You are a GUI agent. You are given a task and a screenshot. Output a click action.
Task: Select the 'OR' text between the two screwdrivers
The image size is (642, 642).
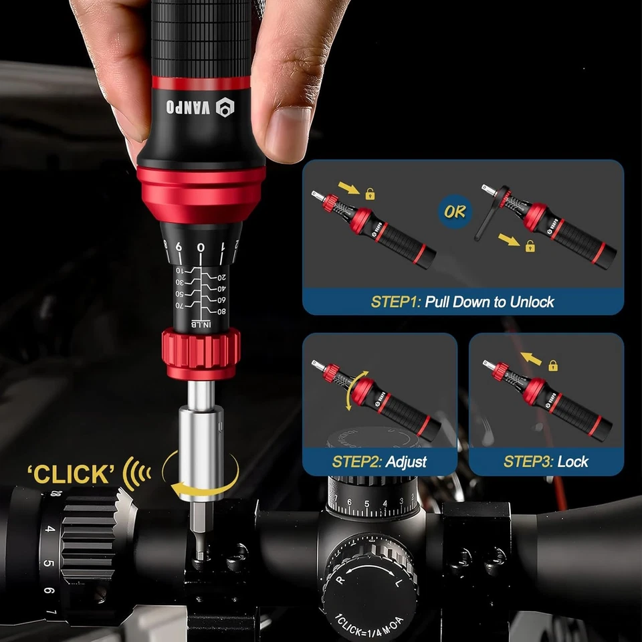[x=456, y=213]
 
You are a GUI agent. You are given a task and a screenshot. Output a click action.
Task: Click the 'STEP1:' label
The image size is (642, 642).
[x=395, y=302]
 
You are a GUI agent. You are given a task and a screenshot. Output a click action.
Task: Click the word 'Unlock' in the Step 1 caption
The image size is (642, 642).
[x=532, y=302]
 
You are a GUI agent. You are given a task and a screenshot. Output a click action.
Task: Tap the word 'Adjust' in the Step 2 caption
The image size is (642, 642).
[x=406, y=461]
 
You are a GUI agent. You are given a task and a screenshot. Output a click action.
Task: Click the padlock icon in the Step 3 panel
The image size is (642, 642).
[x=553, y=365]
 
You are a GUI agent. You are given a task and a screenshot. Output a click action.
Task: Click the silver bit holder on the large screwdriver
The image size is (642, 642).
[x=201, y=435]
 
